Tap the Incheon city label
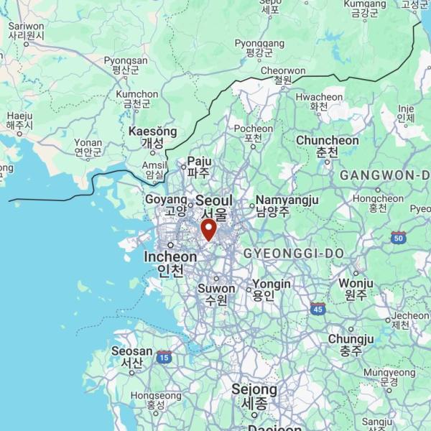click(170, 257)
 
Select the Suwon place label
click(216, 289)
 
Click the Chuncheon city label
click(327, 141)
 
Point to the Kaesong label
click(152, 132)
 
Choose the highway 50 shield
click(399, 237)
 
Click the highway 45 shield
click(318, 309)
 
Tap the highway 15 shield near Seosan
click(164, 356)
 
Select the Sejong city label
click(254, 390)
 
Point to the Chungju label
click(351, 339)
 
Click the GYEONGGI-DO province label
click(293, 254)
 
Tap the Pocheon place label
click(253, 129)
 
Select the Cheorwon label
click(282, 71)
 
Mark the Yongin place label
click(272, 284)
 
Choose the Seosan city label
click(131, 352)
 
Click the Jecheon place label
click(410, 315)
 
